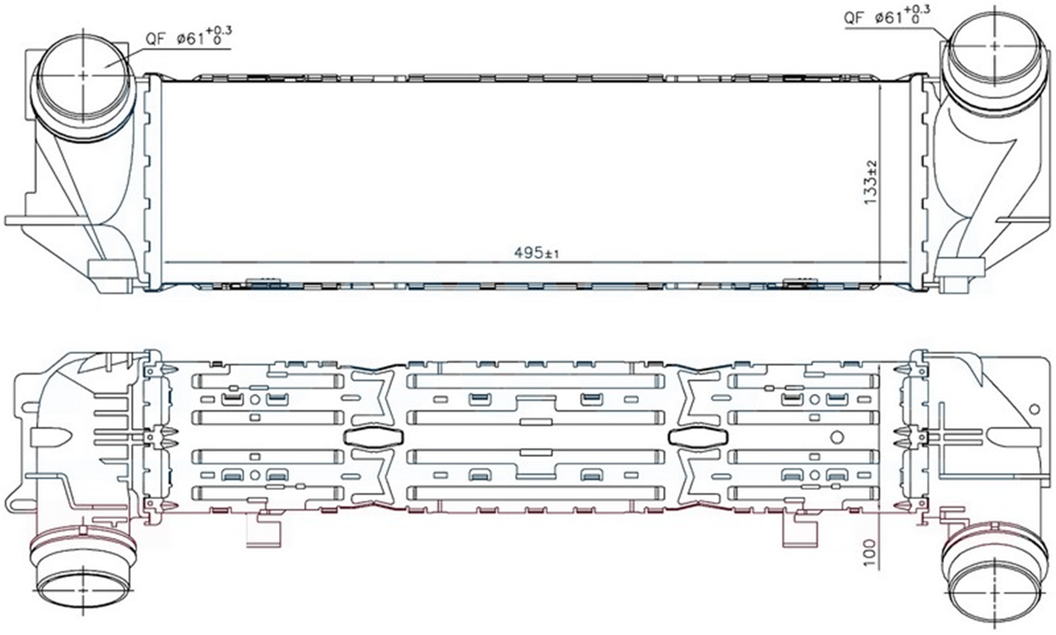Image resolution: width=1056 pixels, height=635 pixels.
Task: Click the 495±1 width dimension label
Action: (536, 254)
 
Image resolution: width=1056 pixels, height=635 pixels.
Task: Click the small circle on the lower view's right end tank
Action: (1034, 409)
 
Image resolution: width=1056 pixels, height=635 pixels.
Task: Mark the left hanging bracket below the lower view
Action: (264, 528)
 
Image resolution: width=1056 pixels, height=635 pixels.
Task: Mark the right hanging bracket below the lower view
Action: (799, 528)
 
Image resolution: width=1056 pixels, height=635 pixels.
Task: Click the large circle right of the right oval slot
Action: (837, 437)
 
